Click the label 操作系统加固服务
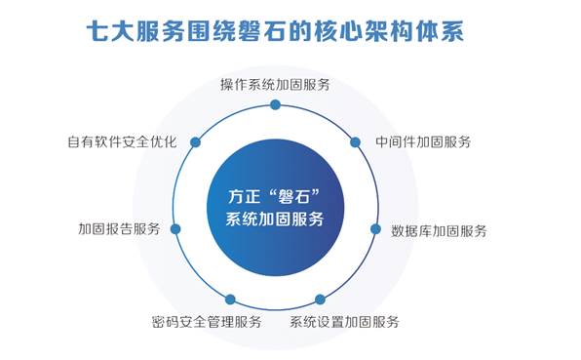click(x=275, y=85)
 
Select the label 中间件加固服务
click(x=423, y=142)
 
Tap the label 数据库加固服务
click(x=439, y=231)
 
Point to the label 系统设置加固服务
click(x=344, y=322)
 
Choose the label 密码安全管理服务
click(x=207, y=322)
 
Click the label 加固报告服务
click(x=119, y=228)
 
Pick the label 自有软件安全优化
click(x=122, y=142)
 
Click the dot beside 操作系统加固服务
click(x=275, y=105)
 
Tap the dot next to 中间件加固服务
click(x=355, y=142)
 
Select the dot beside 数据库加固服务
click(x=375, y=228)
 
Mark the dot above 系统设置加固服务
click(x=320, y=299)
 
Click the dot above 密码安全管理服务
click(x=230, y=300)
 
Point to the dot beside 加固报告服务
click(x=175, y=229)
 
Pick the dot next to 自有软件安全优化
click(x=195, y=142)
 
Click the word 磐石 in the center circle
click(x=294, y=197)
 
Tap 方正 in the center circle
click(x=244, y=197)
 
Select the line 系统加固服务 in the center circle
click(x=275, y=220)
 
